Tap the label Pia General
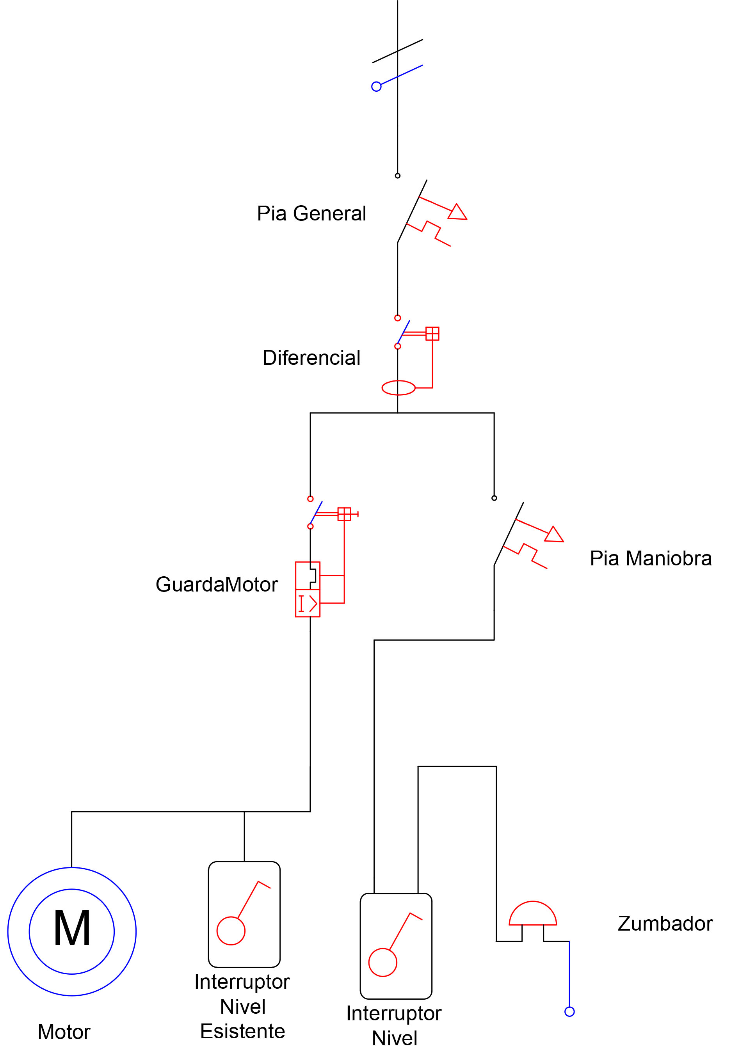311,213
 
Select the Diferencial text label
311,358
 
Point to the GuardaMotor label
217,584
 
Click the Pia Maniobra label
651,558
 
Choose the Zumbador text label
665,924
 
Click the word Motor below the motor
64,1032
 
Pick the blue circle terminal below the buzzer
569,1012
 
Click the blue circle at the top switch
376,87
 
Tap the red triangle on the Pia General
457,213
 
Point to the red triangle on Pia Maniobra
554,535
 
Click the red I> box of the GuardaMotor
308,603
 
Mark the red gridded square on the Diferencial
432,334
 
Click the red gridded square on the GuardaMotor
344,514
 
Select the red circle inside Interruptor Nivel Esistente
231,931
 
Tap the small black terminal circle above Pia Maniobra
494,498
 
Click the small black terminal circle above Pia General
397,176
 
